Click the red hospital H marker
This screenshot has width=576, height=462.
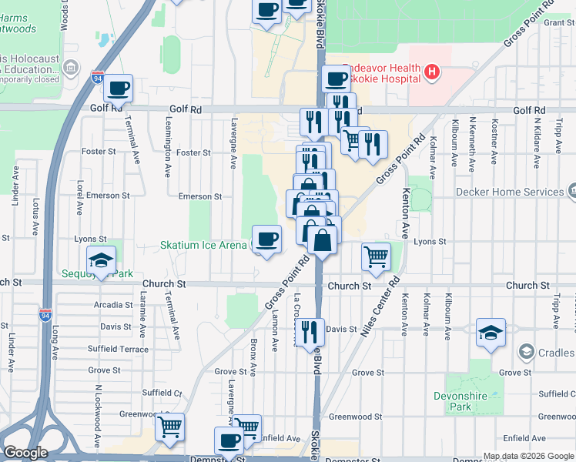pos(432,72)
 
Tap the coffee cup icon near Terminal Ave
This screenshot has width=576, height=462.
pos(119,89)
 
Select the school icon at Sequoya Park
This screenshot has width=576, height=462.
pos(101,261)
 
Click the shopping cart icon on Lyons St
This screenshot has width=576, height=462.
pos(376,256)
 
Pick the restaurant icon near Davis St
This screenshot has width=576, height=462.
pos(310,332)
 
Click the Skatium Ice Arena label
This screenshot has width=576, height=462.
pos(205,246)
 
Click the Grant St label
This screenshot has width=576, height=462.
pos(557,22)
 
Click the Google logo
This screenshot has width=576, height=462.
pos(25,453)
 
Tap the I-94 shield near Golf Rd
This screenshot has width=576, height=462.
pos(97,78)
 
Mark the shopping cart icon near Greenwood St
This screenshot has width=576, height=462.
pos(169,426)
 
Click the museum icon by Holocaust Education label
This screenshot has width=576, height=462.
pos(71,68)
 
